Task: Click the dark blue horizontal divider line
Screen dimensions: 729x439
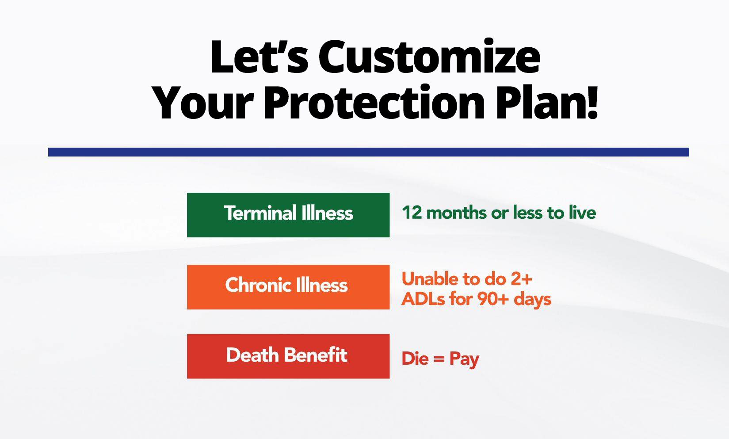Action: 368,152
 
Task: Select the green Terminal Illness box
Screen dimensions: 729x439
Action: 288,215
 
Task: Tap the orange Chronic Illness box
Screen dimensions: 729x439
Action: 288,287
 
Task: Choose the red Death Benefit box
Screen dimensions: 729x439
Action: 288,356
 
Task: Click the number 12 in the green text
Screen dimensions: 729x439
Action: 412,213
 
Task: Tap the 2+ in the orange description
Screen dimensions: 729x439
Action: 521,279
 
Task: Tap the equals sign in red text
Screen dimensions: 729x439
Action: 439,359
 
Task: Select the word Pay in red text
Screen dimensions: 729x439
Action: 465,360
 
